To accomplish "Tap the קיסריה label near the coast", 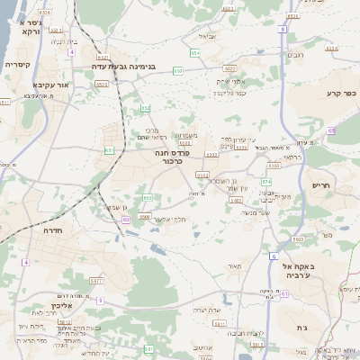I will (x=17, y=65).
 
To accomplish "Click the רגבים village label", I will (x=294, y=55).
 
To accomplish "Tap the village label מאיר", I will (x=237, y=265).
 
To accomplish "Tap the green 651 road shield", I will (x=109, y=150).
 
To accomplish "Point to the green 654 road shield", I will (x=195, y=52).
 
